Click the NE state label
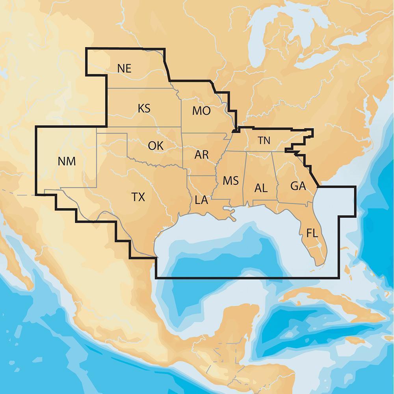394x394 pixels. (x=124, y=68)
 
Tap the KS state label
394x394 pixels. (x=144, y=108)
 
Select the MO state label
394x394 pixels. (x=201, y=111)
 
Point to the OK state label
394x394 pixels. (x=156, y=145)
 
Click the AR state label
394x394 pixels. (x=201, y=155)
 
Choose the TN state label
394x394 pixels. (x=264, y=140)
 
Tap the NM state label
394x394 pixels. (x=67, y=161)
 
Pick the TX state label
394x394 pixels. (x=138, y=197)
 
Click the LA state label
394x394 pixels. (x=201, y=200)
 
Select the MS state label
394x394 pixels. (x=230, y=181)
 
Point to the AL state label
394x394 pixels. (x=261, y=188)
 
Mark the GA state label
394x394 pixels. (x=298, y=186)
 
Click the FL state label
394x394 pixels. (x=312, y=234)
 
